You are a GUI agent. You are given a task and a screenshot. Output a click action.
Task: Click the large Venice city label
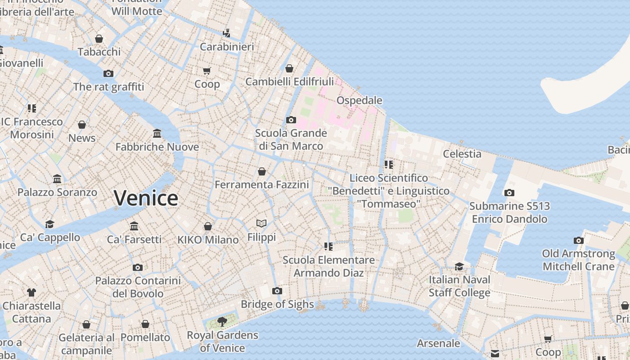[x=146, y=198]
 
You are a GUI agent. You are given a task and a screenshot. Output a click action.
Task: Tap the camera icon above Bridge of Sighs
[x=277, y=291]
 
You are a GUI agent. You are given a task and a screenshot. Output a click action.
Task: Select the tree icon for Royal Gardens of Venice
[x=222, y=321]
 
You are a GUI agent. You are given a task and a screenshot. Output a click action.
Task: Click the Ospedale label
[x=359, y=100]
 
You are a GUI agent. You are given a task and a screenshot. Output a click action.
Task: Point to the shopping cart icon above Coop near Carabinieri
[x=207, y=71]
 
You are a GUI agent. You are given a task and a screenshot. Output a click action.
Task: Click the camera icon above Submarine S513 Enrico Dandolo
[x=509, y=193]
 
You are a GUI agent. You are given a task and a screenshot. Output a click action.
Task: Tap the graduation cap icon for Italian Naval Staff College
[x=459, y=266]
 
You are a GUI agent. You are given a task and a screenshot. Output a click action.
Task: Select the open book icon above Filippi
[x=261, y=223]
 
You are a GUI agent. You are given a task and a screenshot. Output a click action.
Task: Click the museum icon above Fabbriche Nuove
[x=157, y=134]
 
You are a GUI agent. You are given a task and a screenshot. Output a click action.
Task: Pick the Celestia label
[x=462, y=154]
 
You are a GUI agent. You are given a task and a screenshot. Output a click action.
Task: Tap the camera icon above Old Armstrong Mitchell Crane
[x=579, y=241]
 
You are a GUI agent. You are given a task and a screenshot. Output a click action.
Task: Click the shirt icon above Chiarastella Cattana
[x=31, y=292]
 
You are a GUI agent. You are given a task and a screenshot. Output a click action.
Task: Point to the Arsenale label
[x=438, y=343]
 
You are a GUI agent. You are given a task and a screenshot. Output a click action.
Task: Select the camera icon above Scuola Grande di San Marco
[x=291, y=120]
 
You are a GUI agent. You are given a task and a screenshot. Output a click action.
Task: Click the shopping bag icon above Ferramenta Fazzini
[x=262, y=171]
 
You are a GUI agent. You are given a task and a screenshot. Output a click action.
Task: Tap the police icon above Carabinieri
[x=227, y=33]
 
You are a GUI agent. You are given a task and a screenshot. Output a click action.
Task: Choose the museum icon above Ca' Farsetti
[x=134, y=226]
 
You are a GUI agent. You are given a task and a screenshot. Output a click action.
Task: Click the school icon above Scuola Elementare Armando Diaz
[x=328, y=247]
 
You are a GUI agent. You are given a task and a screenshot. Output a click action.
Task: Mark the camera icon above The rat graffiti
[x=108, y=73]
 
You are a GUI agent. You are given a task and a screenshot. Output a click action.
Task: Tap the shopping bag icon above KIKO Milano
[x=208, y=226]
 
